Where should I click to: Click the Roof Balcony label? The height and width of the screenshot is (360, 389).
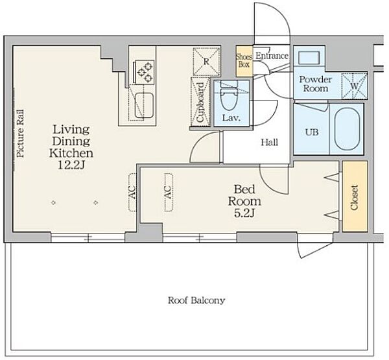click(x=196, y=300)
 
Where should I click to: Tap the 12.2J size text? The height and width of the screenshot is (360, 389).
click(x=71, y=165)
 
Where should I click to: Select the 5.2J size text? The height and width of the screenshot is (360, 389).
click(x=244, y=213)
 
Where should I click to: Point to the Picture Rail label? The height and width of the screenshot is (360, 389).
click(x=21, y=134)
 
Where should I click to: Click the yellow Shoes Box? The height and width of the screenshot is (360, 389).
click(x=244, y=61)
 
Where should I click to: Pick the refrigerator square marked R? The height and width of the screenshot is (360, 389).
click(x=206, y=62)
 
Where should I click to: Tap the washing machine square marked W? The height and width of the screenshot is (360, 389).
click(x=354, y=86)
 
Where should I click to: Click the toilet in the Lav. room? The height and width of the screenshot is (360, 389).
click(x=230, y=95)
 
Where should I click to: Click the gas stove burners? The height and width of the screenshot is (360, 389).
click(x=145, y=72)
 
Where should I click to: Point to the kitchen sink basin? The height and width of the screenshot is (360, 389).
click(x=144, y=105)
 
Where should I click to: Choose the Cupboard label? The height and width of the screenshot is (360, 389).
click(x=200, y=102)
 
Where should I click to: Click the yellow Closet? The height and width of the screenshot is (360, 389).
click(x=355, y=197)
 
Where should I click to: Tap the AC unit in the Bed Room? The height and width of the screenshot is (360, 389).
click(x=169, y=192)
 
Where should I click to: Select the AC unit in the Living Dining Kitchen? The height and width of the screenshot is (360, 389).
click(x=133, y=192)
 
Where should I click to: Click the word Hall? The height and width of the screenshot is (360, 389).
click(x=270, y=142)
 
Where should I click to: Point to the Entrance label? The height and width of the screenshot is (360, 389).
click(x=272, y=56)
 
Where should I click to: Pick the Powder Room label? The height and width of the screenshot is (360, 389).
click(x=316, y=84)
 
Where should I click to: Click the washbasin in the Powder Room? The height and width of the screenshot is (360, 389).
click(x=309, y=58)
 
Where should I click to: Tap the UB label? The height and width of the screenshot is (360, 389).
click(x=312, y=132)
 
